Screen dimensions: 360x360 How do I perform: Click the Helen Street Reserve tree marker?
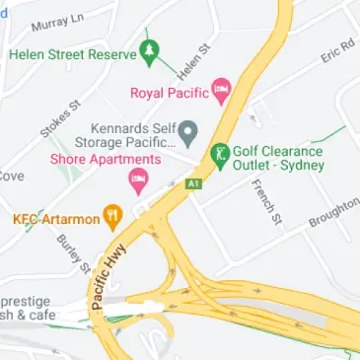tap(150, 51)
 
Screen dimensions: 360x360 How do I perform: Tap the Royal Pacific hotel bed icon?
tap(221, 93)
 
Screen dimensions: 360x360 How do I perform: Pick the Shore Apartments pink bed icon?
tap(138, 179)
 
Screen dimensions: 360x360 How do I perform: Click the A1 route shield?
tap(192, 182)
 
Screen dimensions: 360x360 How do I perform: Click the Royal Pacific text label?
tap(170, 94)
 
